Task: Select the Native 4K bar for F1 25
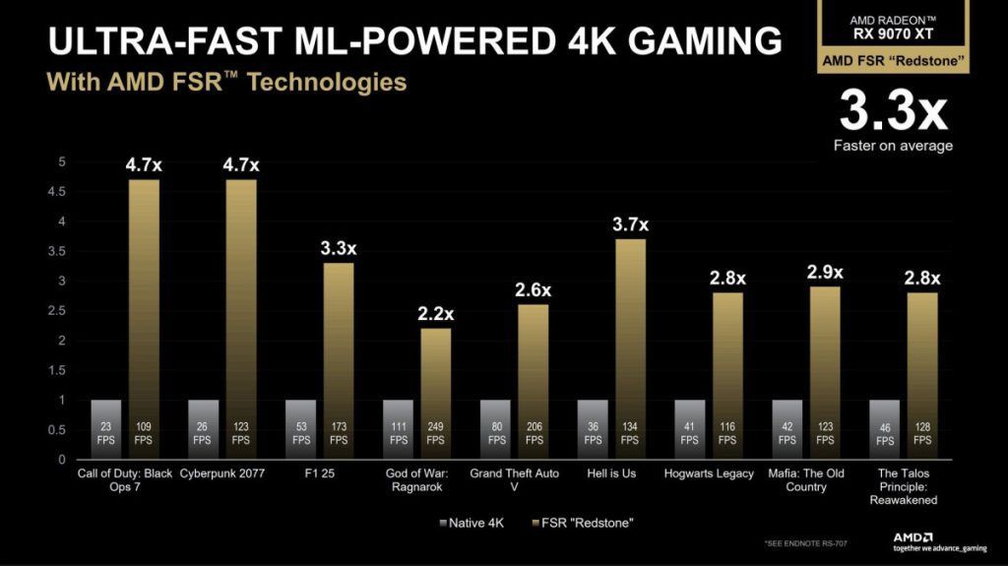click(x=300, y=429)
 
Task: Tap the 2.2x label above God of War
click(x=435, y=314)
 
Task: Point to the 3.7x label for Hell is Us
click(x=630, y=224)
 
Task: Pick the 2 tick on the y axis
click(x=62, y=341)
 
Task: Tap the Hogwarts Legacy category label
click(x=710, y=473)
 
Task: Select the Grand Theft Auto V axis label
click(x=514, y=480)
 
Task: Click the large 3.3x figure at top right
click(x=893, y=111)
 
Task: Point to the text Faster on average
click(x=893, y=146)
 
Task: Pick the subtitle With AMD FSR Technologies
click(x=226, y=82)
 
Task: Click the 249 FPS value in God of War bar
click(x=436, y=434)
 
